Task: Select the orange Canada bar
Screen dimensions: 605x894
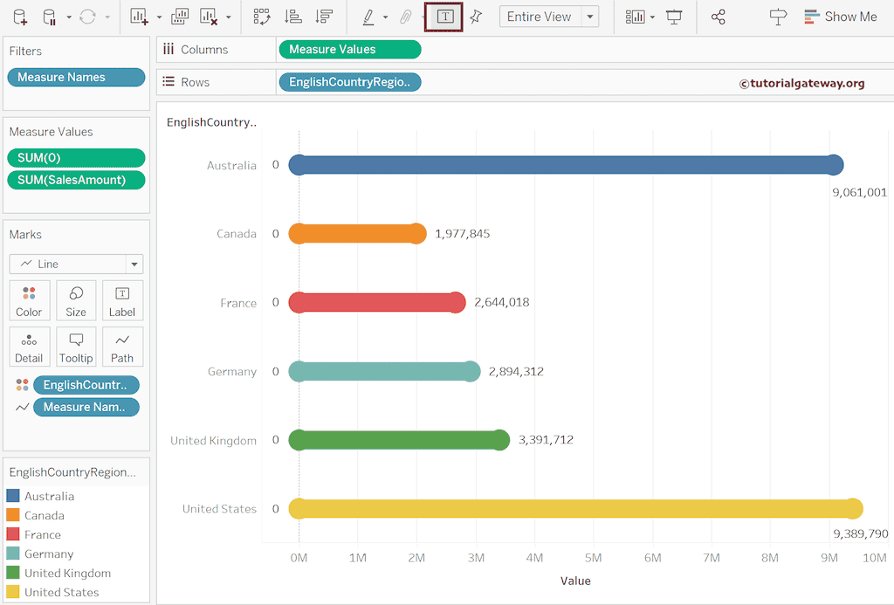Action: click(357, 234)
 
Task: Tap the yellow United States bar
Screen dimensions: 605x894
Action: click(575, 509)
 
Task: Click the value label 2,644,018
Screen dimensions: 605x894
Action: click(501, 303)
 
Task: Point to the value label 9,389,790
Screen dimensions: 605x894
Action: click(860, 533)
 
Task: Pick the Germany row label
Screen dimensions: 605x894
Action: click(232, 372)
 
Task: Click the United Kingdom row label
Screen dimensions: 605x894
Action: click(214, 440)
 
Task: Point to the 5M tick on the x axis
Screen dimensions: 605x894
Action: click(594, 558)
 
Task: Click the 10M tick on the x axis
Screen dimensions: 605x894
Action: click(874, 558)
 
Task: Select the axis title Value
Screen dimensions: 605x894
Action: click(575, 581)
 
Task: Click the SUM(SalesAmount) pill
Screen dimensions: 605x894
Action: click(76, 180)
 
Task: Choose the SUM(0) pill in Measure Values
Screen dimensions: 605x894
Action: click(76, 158)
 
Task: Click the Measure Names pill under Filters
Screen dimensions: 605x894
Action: click(76, 78)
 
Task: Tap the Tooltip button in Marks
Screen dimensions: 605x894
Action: click(76, 347)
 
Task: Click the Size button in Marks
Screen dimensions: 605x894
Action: click(76, 300)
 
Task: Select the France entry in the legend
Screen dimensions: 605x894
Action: click(43, 535)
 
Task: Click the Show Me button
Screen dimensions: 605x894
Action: click(840, 17)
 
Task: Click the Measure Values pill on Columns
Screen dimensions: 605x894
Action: click(349, 50)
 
